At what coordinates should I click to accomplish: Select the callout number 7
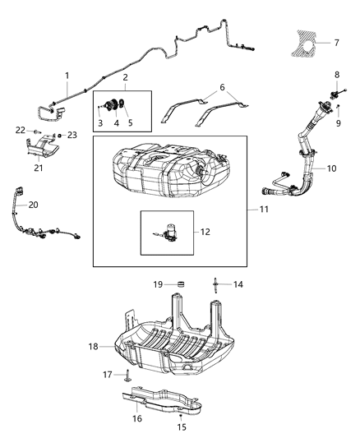pyautogui.click(x=335, y=41)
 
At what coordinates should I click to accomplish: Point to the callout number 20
pyautogui.click(x=34, y=205)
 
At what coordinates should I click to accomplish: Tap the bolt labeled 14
pyautogui.click(x=215, y=287)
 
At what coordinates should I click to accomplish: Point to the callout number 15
pyautogui.click(x=182, y=426)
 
